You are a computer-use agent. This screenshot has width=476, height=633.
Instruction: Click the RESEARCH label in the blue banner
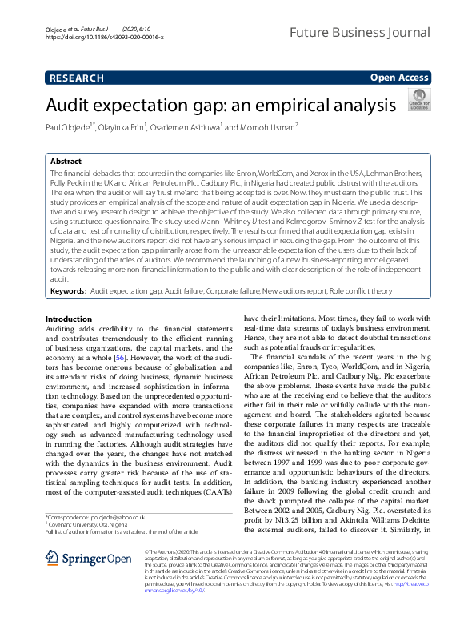[77, 78]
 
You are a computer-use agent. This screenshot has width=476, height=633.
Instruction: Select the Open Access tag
[398, 78]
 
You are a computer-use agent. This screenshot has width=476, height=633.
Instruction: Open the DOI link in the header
[105, 37]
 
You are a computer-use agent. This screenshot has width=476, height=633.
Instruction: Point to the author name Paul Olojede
[70, 126]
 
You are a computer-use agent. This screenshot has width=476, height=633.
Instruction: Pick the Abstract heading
[66, 161]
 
